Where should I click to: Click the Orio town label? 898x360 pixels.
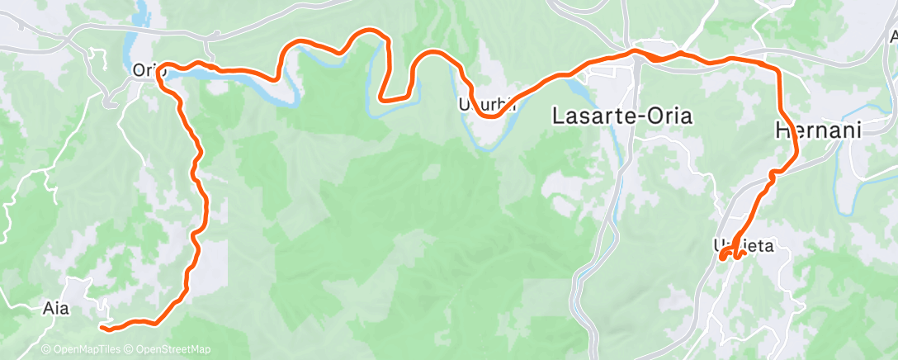(149, 72)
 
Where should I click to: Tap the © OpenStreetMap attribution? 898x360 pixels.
(167, 350)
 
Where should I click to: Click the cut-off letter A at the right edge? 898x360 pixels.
(892, 37)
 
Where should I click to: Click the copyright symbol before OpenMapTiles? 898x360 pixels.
(45, 350)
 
